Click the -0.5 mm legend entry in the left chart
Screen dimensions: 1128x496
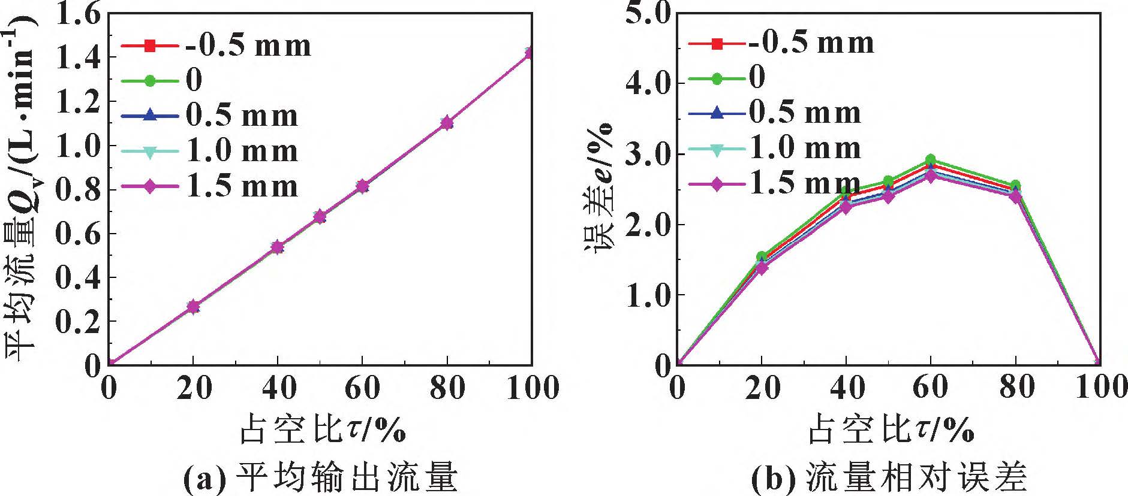216,46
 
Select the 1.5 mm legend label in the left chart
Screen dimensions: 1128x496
242,186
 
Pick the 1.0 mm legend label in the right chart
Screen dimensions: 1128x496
805,147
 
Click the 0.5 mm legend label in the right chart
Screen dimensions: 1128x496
805,112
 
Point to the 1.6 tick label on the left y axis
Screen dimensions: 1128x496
78,14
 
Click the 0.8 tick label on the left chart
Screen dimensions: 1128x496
78,190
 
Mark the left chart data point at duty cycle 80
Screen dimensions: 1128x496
447,123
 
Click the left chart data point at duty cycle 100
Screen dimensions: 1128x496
530,53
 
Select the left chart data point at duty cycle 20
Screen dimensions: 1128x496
192,307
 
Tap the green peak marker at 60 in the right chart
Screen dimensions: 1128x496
931,160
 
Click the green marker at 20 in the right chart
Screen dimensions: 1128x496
762,257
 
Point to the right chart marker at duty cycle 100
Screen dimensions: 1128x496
1099,363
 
